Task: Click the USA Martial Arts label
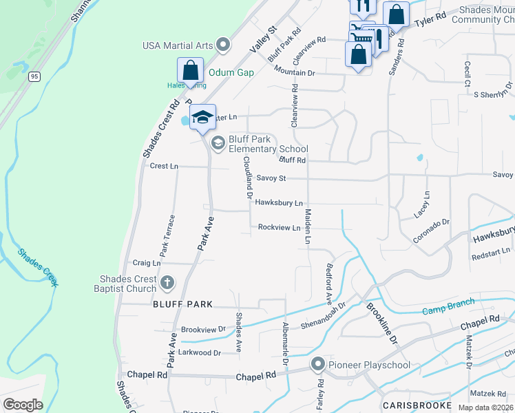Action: [177, 45]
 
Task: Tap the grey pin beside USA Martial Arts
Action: [222, 45]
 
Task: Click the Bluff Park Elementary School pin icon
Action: [218, 143]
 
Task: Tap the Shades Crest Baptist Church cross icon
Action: [167, 283]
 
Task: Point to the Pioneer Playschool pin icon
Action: [317, 365]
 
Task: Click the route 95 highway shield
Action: [34, 77]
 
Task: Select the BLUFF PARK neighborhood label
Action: [183, 304]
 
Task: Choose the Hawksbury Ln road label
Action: [279, 203]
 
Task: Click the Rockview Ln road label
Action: [279, 227]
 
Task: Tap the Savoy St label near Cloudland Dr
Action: [270, 178]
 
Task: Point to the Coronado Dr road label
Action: [431, 232]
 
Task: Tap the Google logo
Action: [23, 405]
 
